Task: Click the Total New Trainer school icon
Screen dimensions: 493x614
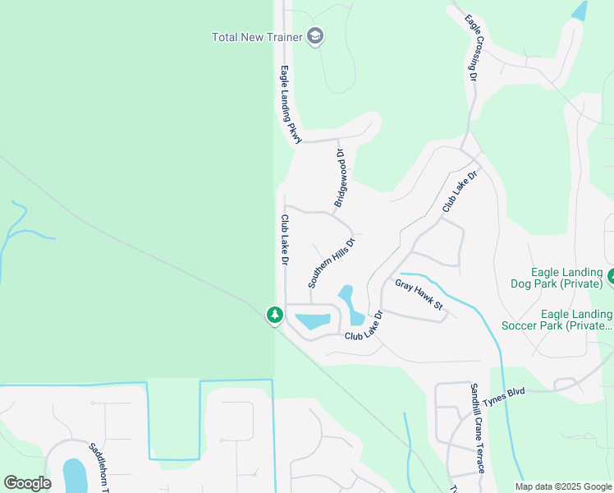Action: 315,36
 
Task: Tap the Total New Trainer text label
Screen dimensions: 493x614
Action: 257,37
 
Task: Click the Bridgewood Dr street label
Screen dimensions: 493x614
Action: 341,177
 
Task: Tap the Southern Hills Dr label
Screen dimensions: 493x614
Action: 331,263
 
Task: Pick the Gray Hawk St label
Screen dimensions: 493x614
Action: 419,296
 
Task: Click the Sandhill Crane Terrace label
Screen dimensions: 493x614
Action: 478,428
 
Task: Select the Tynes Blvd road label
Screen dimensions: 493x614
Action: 503,394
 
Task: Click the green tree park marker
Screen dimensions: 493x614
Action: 274,315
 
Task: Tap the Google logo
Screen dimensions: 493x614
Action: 27,483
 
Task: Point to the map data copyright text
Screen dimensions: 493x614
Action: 563,486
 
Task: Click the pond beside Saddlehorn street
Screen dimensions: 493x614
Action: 74,476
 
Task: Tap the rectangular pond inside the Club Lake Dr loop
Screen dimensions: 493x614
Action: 312,321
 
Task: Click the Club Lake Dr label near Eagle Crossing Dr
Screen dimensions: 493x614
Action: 460,191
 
